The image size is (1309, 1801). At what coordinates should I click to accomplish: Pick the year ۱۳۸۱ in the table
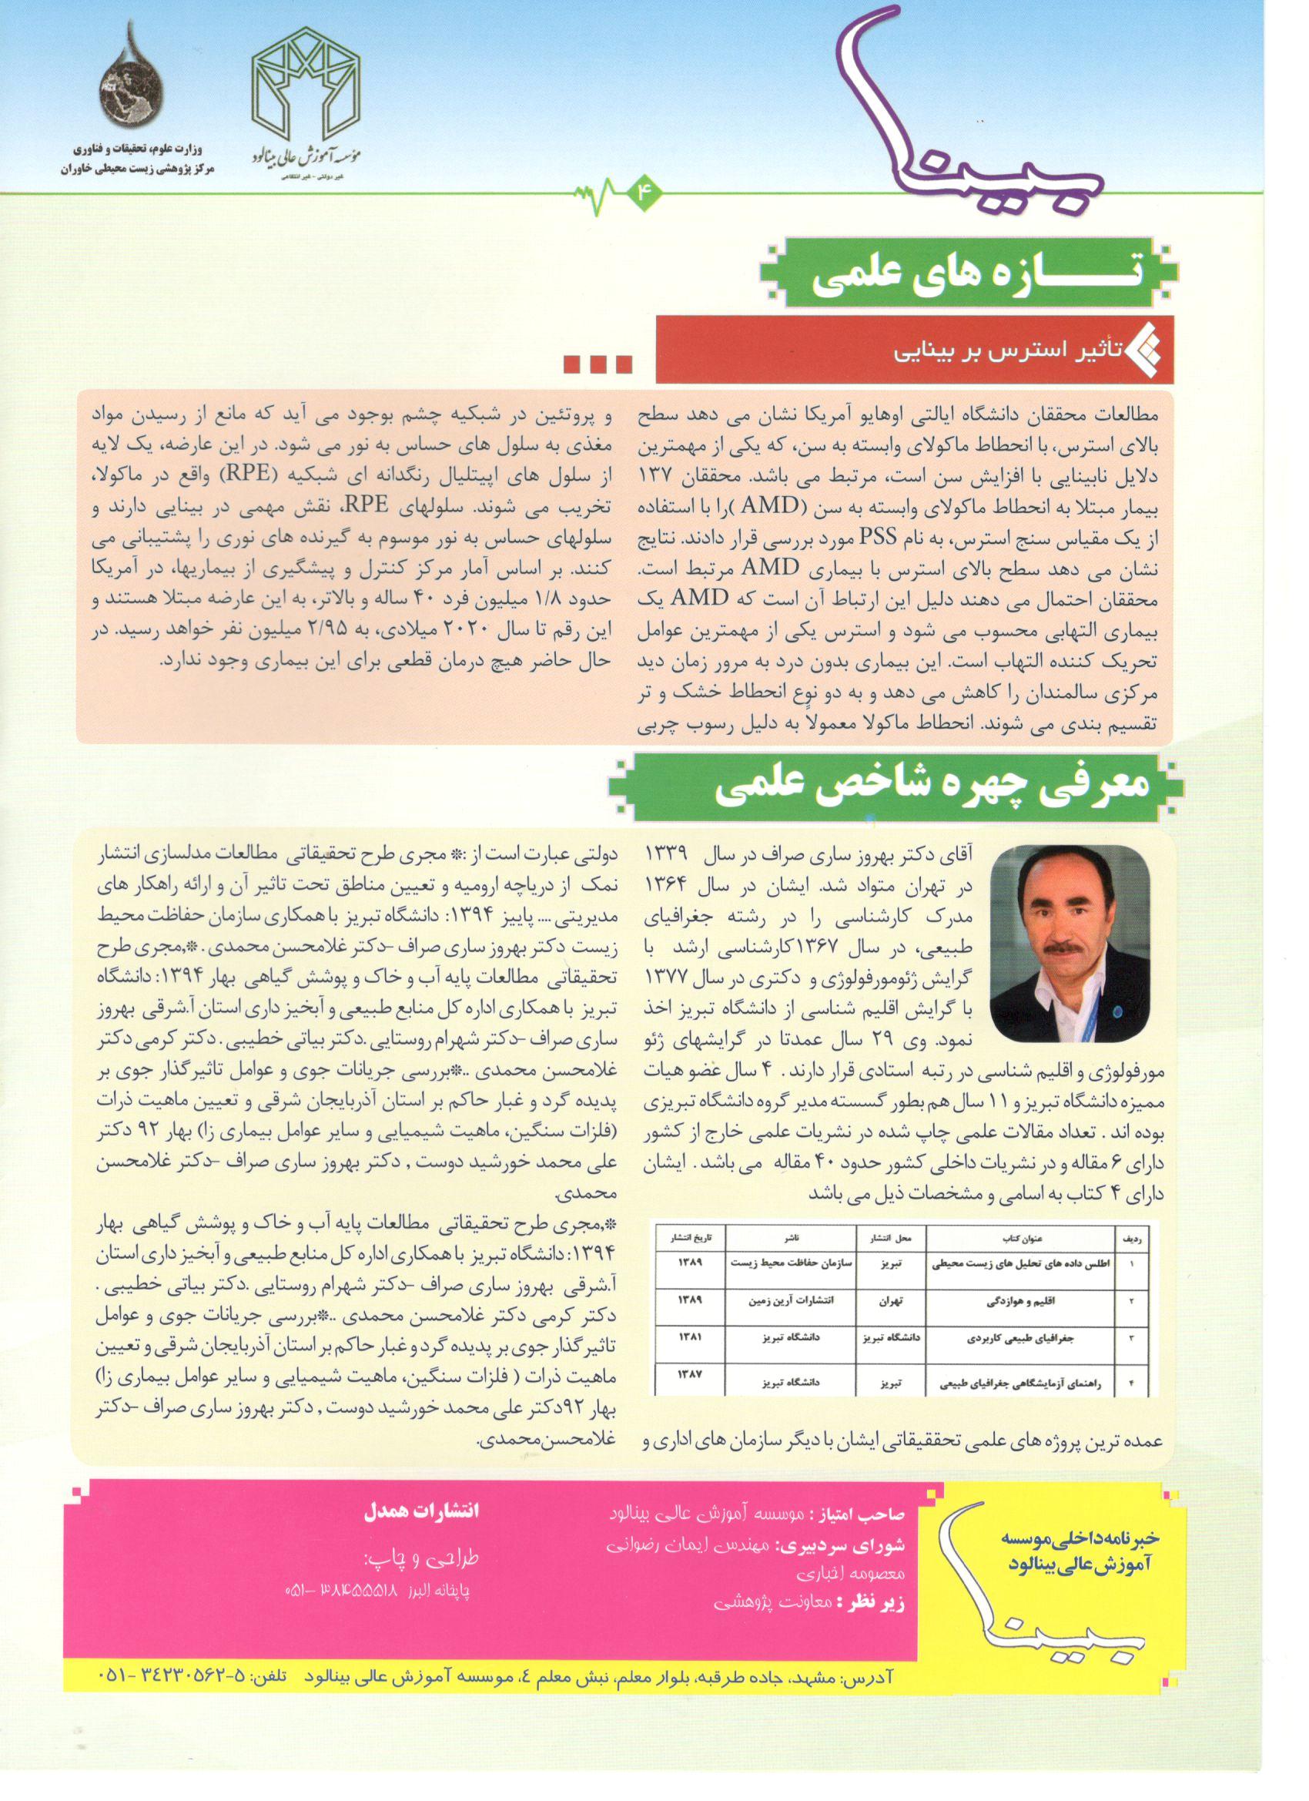click(x=688, y=1336)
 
